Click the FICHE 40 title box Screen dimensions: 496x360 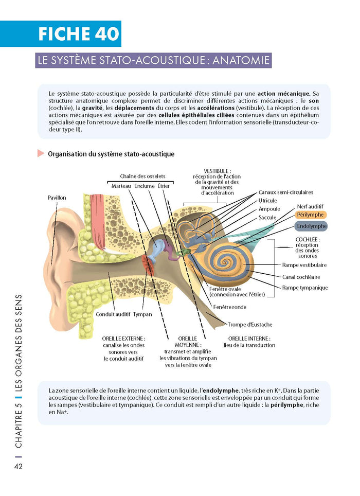click(79, 34)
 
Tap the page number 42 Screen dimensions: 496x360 click(17, 467)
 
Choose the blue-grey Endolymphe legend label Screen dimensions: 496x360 click(311, 226)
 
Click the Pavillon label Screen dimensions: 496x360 click(57, 198)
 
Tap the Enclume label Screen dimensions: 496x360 click(145, 185)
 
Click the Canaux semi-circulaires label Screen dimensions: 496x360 click(285, 192)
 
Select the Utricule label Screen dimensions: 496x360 click(267, 200)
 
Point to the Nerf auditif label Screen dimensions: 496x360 click(310, 206)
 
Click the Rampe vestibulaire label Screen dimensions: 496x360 click(304, 265)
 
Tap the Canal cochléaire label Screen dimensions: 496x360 click(301, 277)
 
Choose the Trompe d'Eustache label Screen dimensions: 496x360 click(250, 325)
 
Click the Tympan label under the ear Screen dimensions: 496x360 click(142, 314)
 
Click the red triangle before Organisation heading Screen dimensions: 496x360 click(41, 153)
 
